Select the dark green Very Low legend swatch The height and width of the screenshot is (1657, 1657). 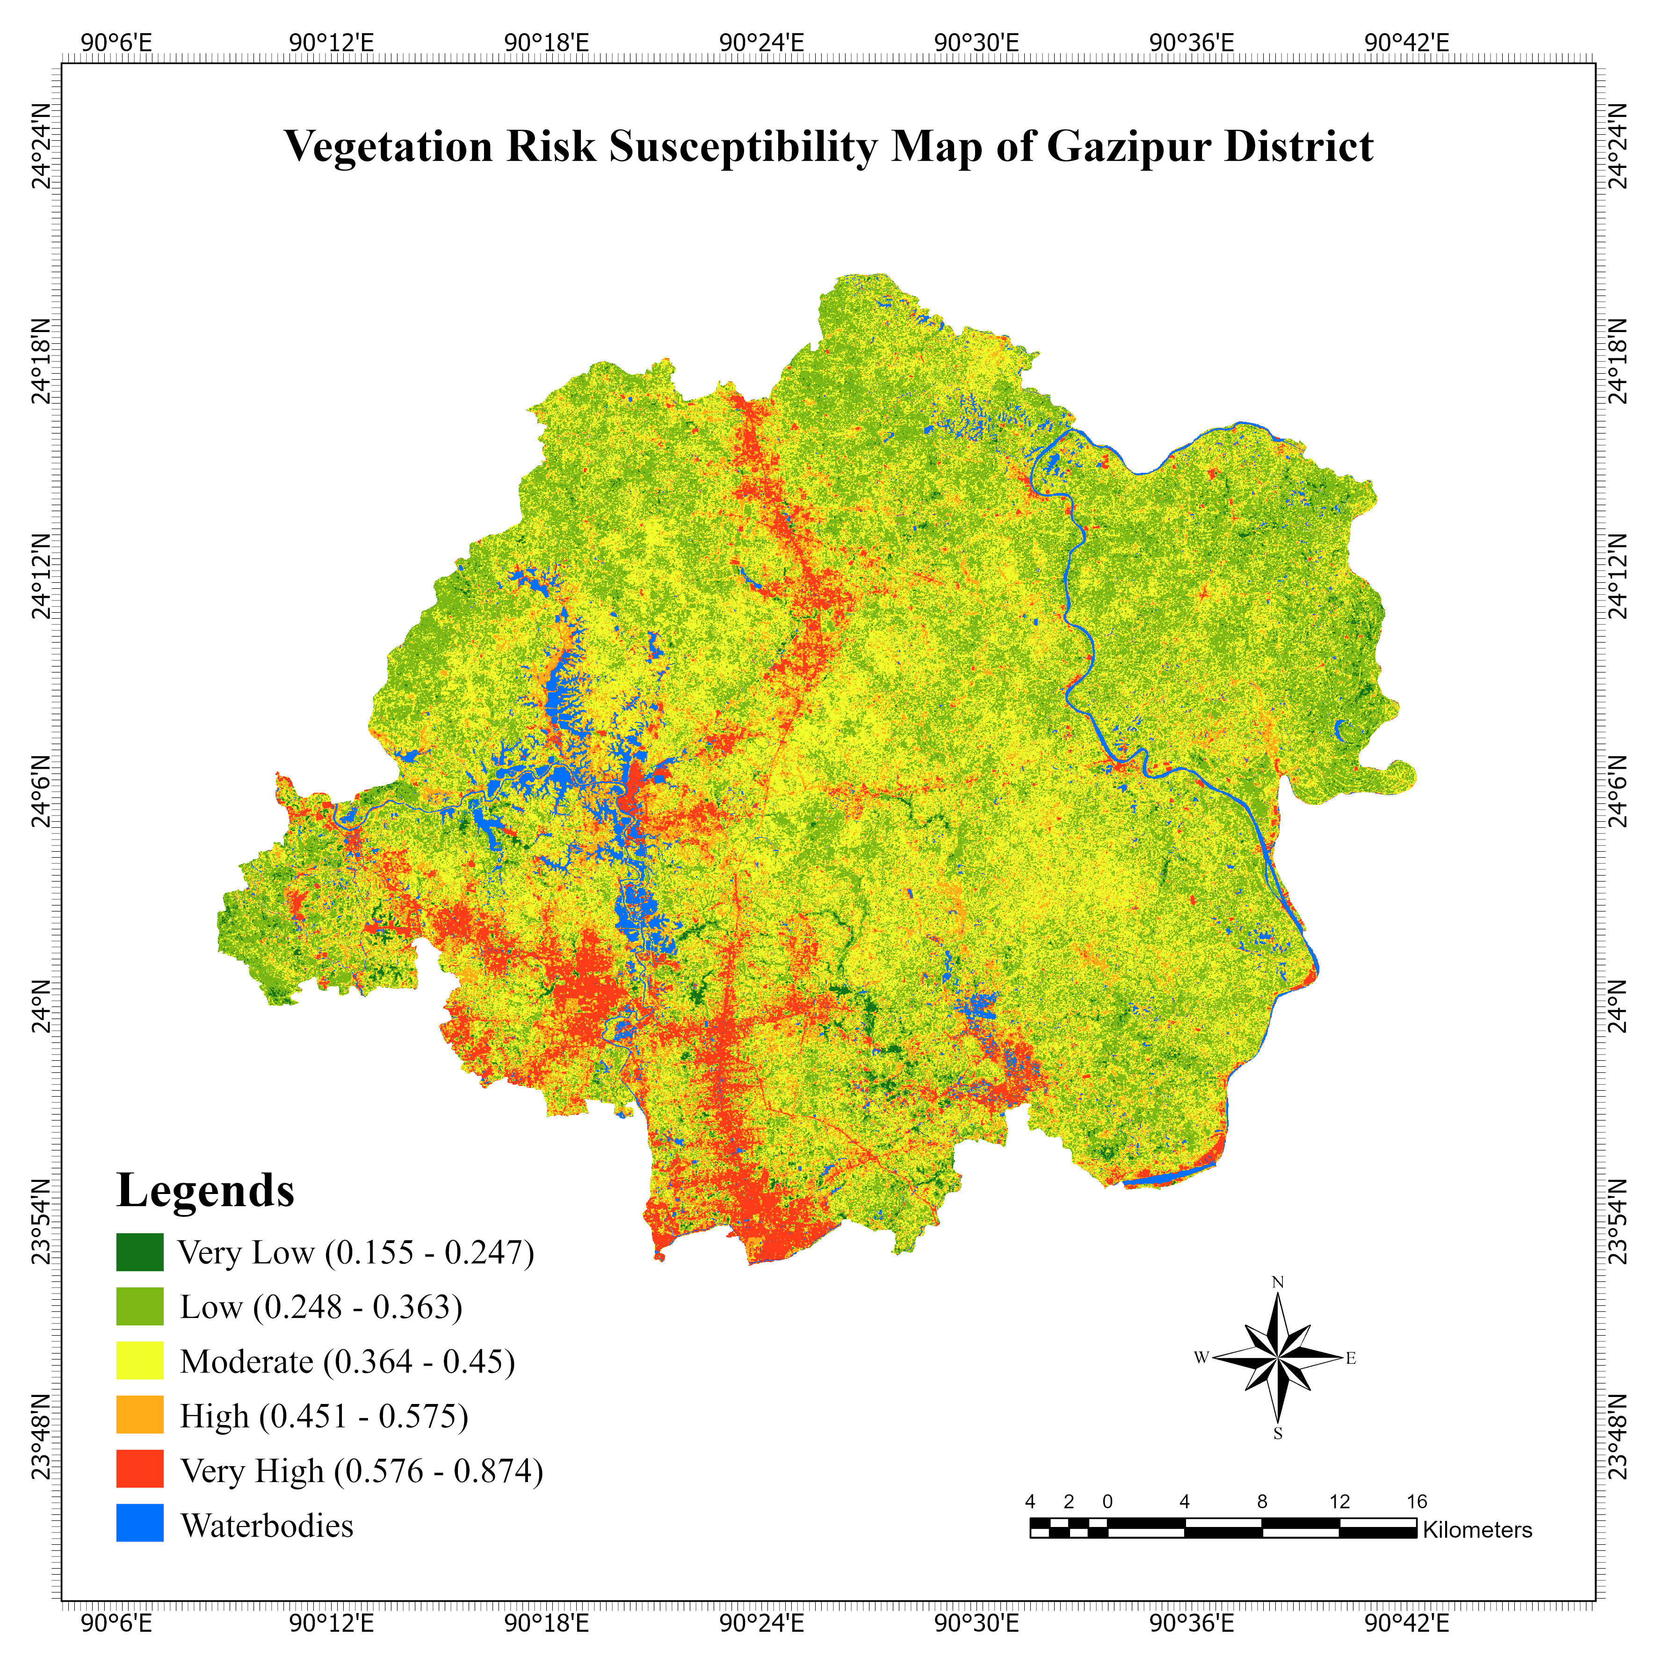tap(140, 1252)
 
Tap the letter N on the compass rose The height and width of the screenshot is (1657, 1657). tap(1277, 1282)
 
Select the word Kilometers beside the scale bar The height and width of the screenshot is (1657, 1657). tap(1477, 1530)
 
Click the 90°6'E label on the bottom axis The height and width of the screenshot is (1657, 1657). tap(116, 1623)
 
